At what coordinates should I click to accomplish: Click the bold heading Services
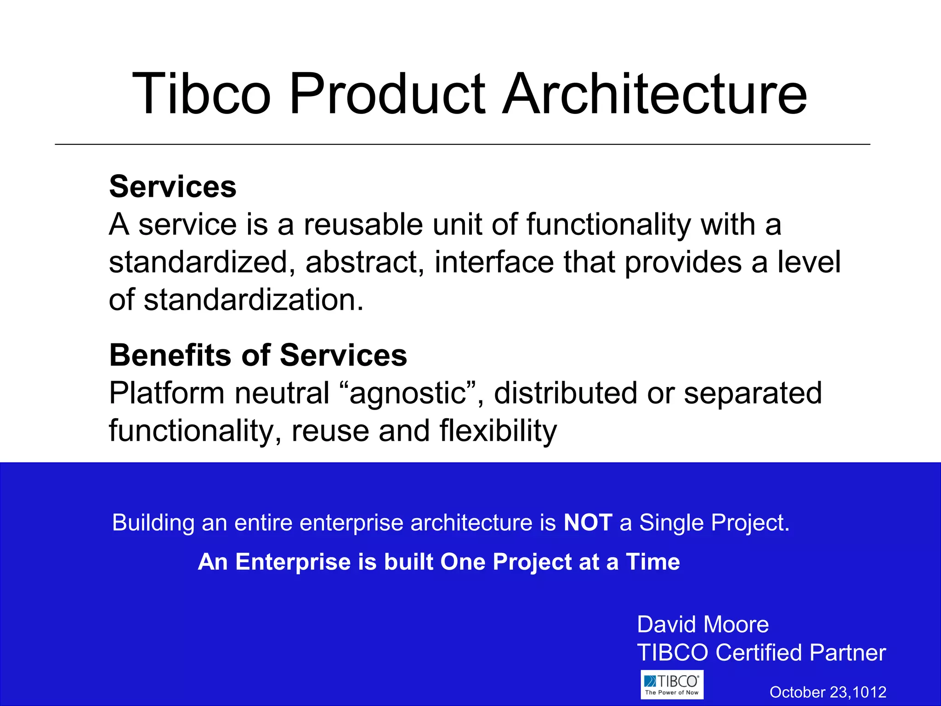[173, 187]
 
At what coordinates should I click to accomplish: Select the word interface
[494, 262]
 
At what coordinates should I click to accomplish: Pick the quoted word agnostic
[408, 393]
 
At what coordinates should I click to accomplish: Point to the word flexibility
[498, 431]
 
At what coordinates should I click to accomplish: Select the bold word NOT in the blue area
[588, 523]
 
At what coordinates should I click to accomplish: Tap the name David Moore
[703, 625]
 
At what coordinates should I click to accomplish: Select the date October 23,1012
[828, 692]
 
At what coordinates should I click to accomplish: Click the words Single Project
[714, 523]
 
